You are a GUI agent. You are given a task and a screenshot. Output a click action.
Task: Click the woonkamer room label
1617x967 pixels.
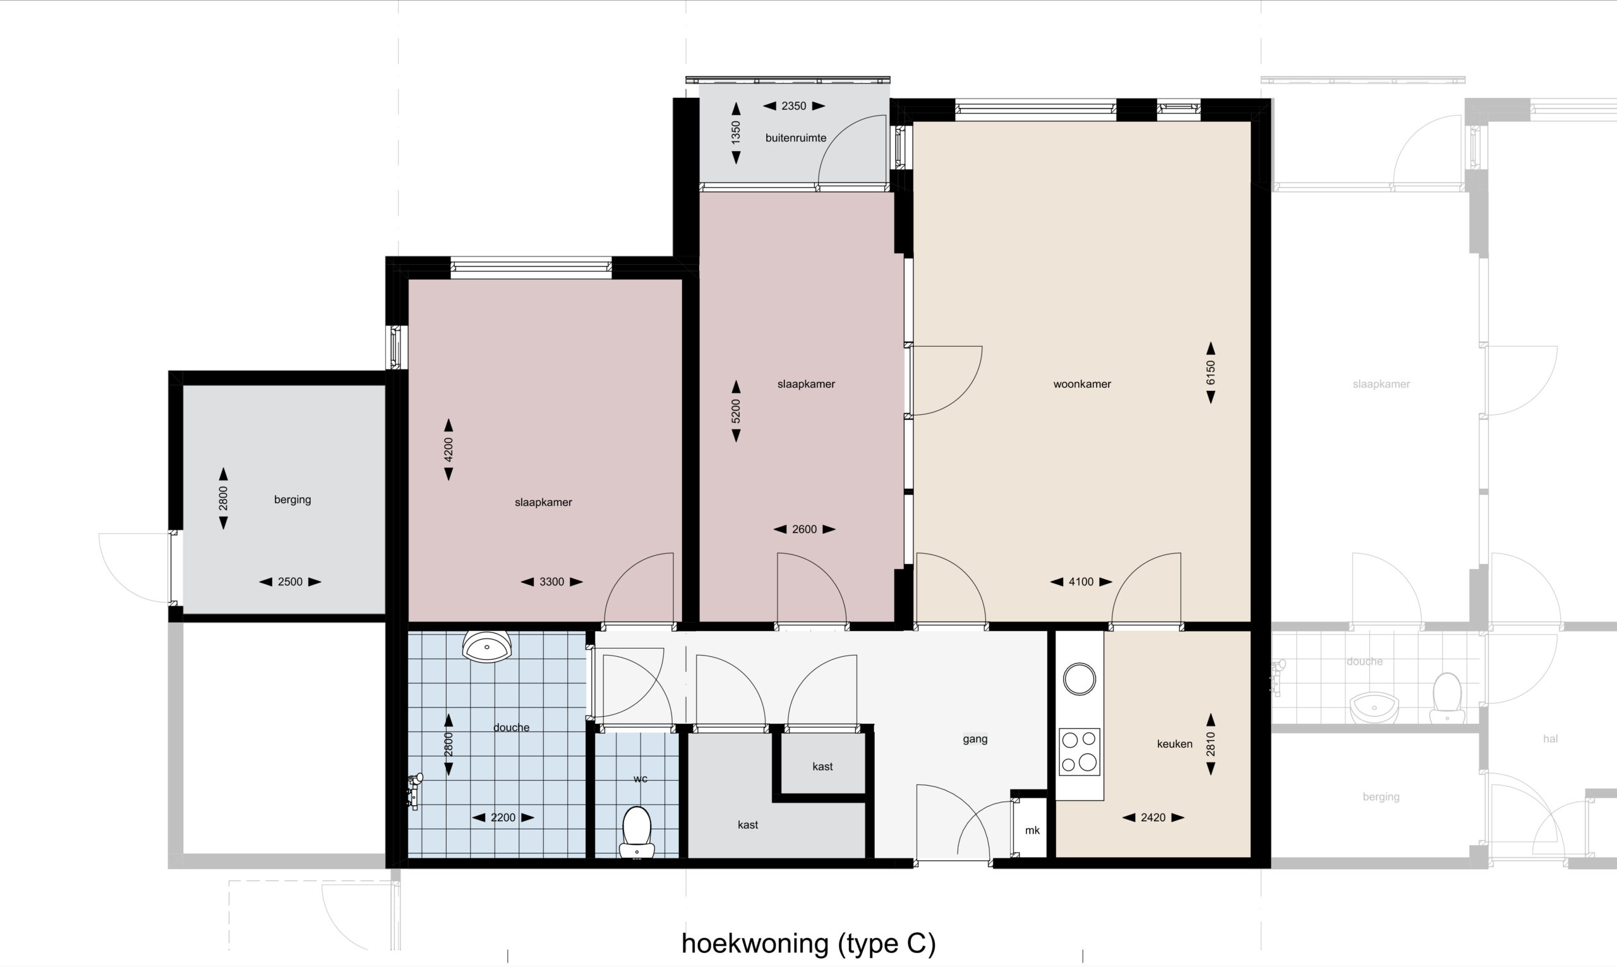point(1081,385)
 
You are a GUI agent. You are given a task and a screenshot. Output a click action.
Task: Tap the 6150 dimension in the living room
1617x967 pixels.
point(1210,373)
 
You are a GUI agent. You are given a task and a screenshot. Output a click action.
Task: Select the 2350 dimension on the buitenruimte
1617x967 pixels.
point(793,106)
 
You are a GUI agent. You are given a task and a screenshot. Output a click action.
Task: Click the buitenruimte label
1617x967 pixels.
point(795,138)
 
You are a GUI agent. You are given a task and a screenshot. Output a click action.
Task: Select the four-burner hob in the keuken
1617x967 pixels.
point(1079,752)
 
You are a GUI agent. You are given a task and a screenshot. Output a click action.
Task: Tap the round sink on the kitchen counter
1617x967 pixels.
point(1079,679)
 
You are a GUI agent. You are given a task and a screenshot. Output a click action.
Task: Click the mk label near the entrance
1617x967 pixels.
point(1032,831)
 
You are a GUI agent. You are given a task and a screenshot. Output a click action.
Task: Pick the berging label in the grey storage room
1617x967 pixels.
point(292,500)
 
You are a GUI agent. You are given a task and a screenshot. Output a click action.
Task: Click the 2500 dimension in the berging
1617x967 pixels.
point(290,582)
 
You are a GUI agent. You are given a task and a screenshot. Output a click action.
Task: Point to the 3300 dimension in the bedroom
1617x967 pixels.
point(551,582)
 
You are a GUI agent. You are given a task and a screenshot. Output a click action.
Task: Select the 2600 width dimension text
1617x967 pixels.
point(804,530)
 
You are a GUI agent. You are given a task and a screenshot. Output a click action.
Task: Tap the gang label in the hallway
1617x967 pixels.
point(975,739)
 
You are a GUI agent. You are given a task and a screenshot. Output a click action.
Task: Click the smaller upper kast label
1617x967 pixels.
point(822,767)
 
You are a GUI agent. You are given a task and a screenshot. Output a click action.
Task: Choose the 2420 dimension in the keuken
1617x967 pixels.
point(1153,818)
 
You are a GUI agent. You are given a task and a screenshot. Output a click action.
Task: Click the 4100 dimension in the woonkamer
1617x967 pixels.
point(1081,582)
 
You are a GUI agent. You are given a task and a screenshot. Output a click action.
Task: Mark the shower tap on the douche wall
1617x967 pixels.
point(414,790)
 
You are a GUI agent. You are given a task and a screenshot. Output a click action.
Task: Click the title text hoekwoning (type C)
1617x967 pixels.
point(808,943)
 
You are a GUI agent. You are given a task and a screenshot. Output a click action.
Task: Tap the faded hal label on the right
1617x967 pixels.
point(1550,739)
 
